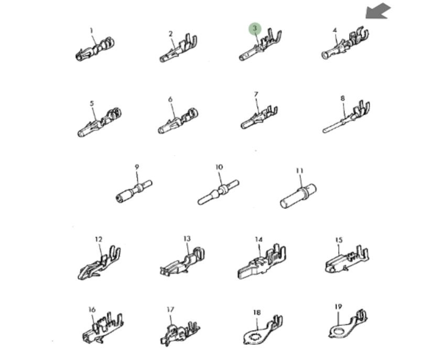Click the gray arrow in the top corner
(378, 12)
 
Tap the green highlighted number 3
(255, 28)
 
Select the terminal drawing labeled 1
(95, 50)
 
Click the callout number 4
(335, 30)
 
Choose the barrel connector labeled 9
(134, 191)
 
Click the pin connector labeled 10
(218, 192)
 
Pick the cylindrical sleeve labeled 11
(298, 196)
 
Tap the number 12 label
(98, 239)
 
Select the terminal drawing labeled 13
(182, 262)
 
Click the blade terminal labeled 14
(262, 263)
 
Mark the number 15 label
(339, 240)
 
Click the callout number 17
(170, 310)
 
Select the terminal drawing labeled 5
(99, 122)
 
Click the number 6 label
(170, 100)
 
